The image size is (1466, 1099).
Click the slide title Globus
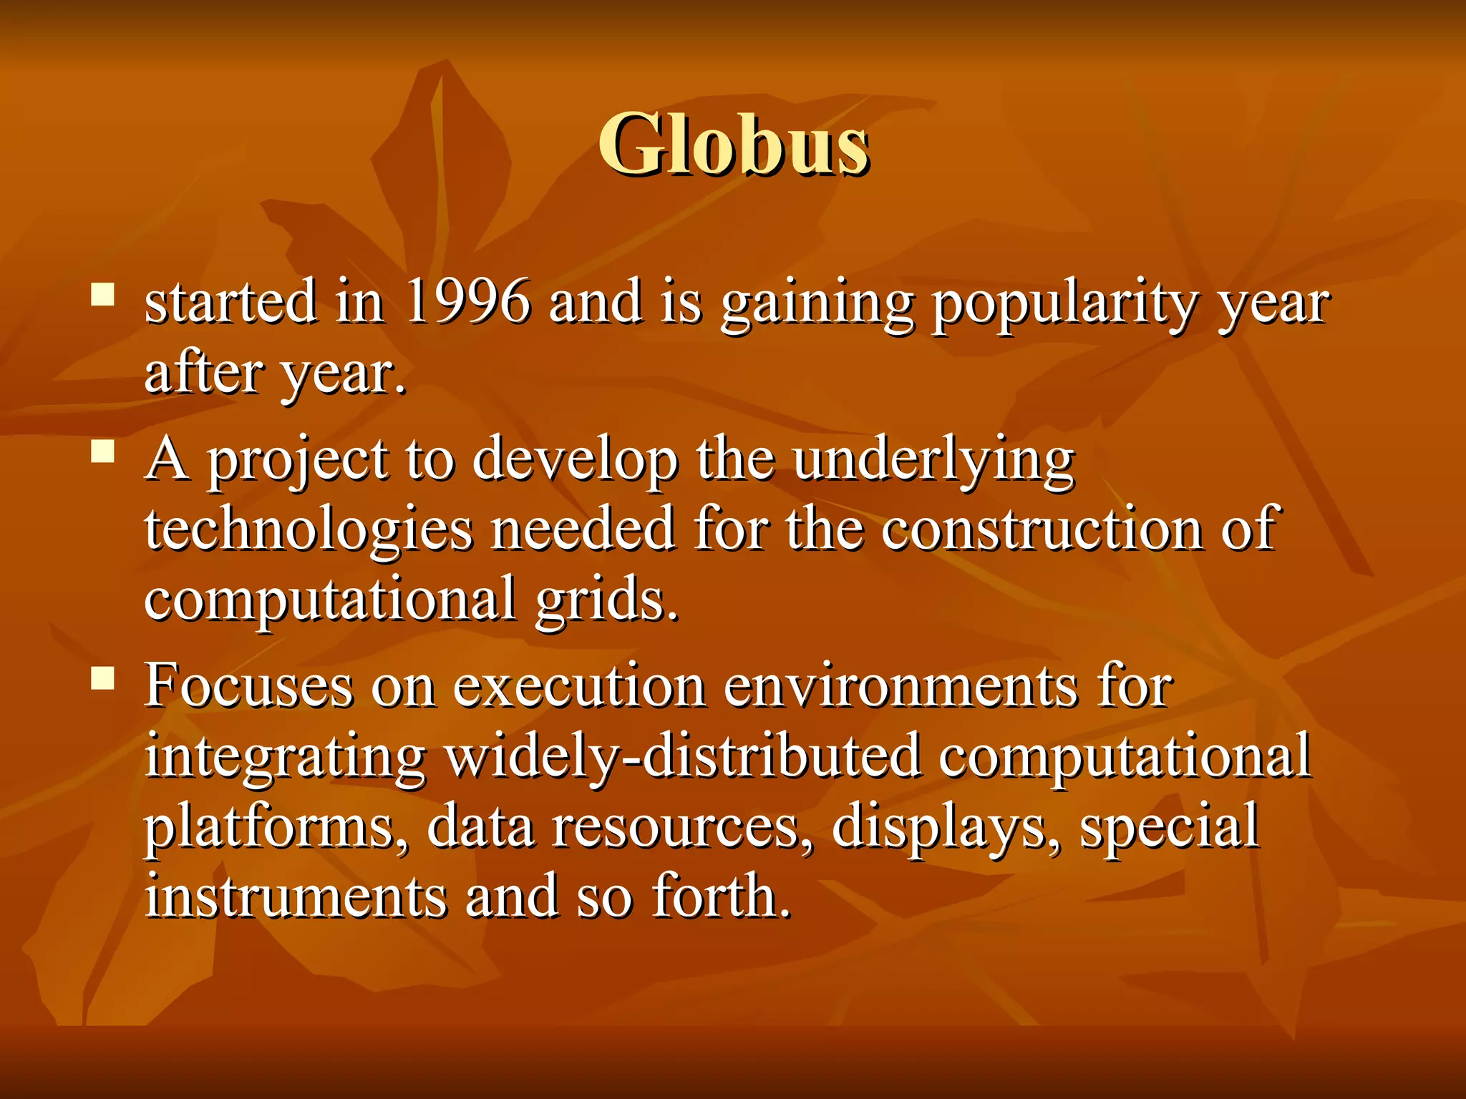point(733,145)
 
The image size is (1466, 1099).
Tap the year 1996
point(467,302)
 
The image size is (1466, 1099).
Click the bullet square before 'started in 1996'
point(103,294)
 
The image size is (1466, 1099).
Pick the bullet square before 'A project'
point(103,452)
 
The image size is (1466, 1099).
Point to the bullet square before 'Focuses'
point(103,678)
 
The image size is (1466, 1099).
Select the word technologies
point(309,531)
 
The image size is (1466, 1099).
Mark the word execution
point(580,686)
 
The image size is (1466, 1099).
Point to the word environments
point(901,686)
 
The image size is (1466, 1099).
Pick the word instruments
point(295,897)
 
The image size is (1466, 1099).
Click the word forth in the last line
point(720,897)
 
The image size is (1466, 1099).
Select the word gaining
point(817,304)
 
